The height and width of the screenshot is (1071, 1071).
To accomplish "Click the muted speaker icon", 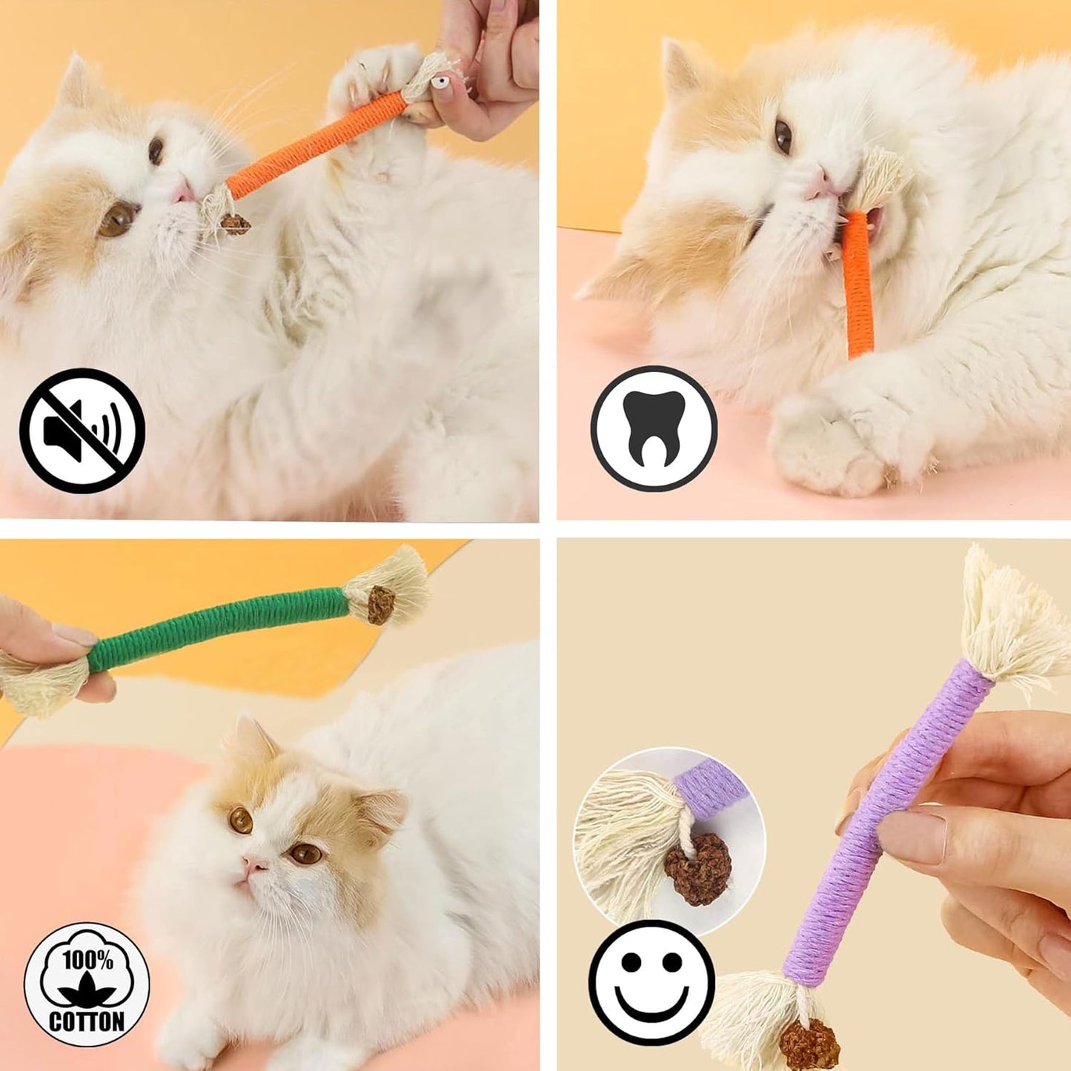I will click(82, 431).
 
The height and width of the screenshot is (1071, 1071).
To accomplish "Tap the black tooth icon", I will click(654, 428).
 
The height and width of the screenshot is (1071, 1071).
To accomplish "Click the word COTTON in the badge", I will click(87, 1021).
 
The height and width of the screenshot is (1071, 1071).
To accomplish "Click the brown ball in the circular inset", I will click(697, 868).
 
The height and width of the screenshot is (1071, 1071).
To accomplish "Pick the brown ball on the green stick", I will click(381, 605).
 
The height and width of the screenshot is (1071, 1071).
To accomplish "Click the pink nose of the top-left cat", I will click(183, 193).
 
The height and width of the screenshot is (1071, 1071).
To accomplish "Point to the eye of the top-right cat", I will click(783, 136).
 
